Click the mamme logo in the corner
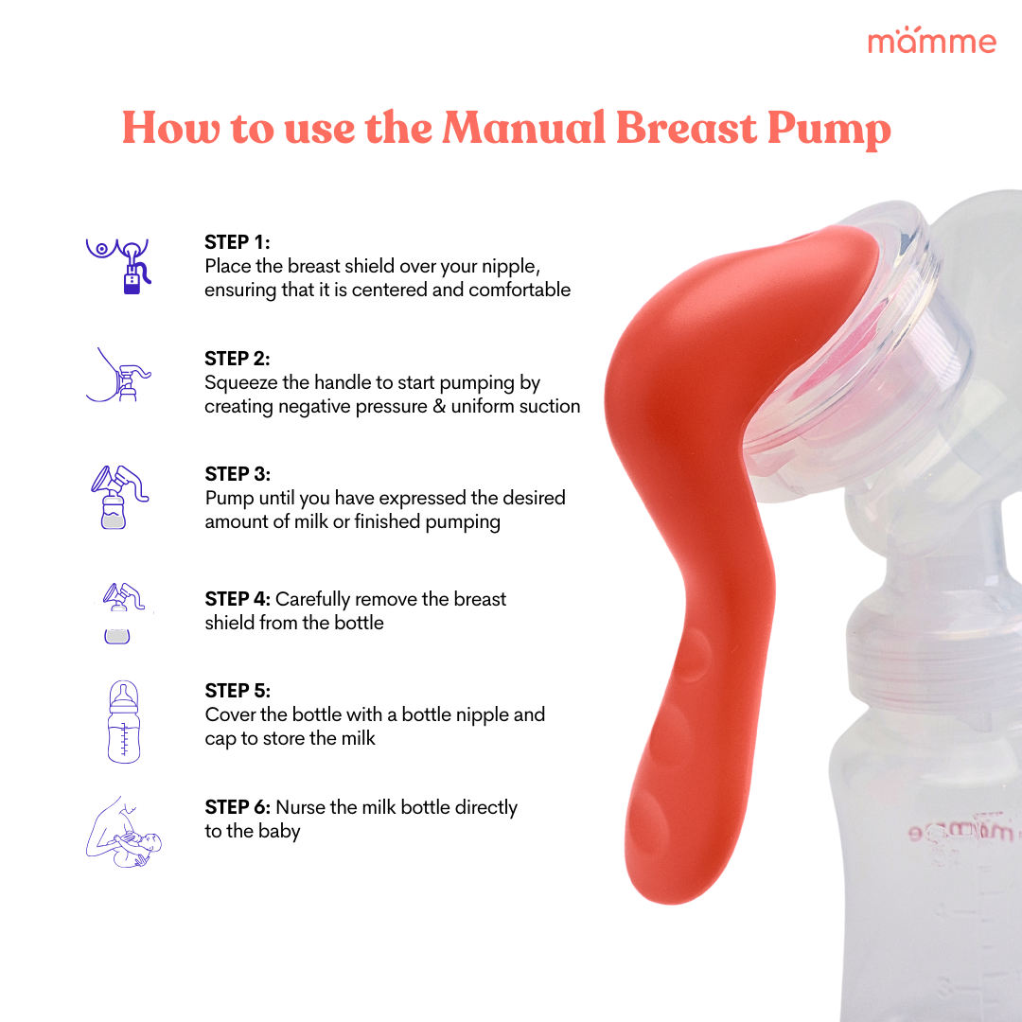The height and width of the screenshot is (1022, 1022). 931,42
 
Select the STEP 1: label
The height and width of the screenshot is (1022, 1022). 238,242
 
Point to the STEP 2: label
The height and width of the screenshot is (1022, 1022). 238,359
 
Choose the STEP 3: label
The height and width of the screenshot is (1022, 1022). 238,474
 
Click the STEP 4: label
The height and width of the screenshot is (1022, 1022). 238,599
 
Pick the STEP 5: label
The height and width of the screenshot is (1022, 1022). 238,691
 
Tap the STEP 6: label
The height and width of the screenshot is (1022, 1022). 238,807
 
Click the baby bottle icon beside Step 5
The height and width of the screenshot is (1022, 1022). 124,721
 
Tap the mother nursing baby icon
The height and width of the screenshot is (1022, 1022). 124,832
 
